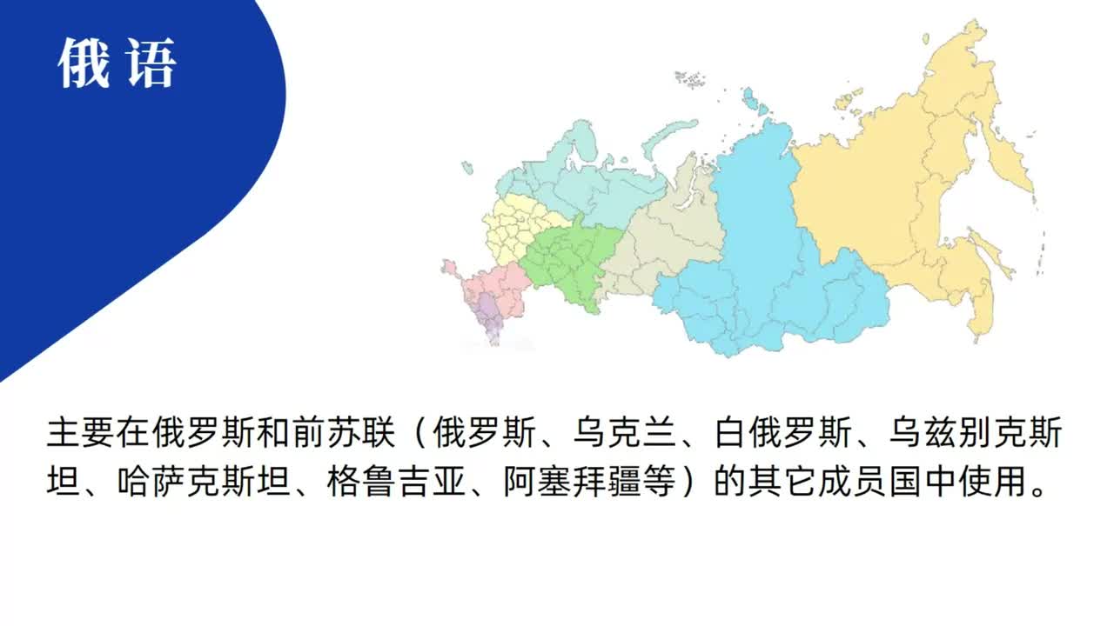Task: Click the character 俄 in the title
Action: (84, 63)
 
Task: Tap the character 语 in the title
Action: (151, 63)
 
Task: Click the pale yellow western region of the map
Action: (513, 226)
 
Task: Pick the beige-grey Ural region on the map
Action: (670, 235)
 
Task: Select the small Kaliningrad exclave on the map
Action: (467, 167)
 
